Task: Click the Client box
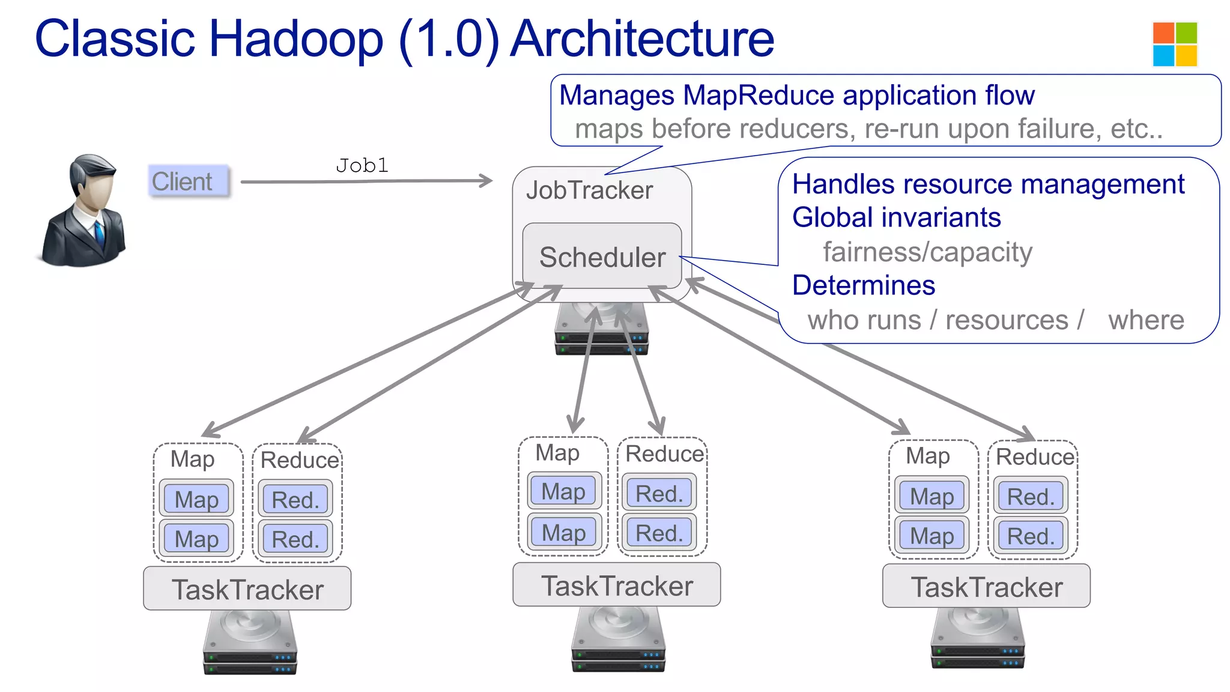189,181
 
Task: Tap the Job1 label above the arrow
362,165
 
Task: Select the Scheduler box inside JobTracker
602,256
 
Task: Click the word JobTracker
589,190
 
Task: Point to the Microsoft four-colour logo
1175,44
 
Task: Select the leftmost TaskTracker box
247,589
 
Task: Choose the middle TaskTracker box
617,585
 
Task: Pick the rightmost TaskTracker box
986,586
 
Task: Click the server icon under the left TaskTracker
250,643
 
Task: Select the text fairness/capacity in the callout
927,252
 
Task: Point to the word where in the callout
1146,320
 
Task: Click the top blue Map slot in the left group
196,499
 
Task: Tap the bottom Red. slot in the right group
1031,536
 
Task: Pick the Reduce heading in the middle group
664,454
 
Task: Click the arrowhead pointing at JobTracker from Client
485,180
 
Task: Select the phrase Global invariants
896,217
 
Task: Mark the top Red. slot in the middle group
659,493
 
